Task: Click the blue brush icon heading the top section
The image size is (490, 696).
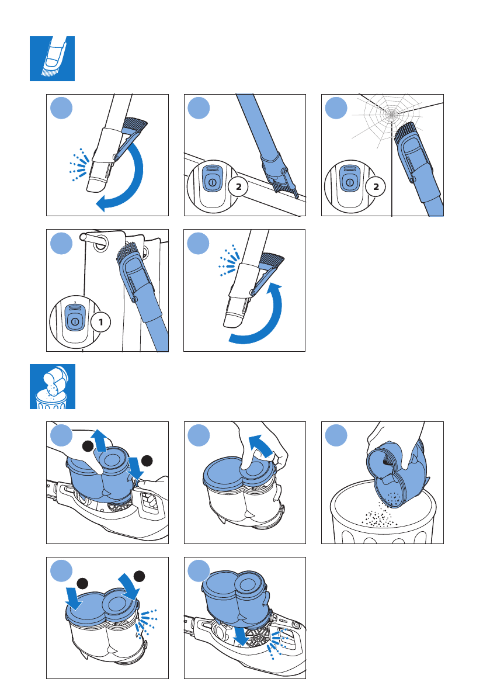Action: point(52,58)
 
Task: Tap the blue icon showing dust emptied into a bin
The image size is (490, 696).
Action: point(52,386)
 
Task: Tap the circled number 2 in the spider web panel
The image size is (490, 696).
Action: point(377,188)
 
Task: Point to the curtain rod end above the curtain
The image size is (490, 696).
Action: point(88,238)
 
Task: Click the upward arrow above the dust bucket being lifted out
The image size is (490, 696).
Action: point(100,440)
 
